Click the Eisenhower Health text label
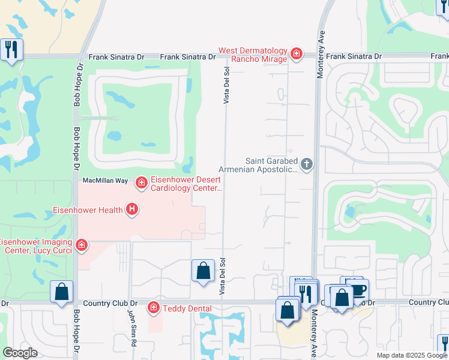pos(87,209)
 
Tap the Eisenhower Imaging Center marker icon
pos(81,245)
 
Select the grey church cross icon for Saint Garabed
pos(307,164)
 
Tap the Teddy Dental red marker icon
pos(154,308)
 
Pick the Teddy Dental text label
pos(187,308)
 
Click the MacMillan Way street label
pos(105,180)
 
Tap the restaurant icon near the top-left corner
pos(11,49)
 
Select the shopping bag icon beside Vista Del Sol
pos(203,270)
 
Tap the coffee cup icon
pos(358,289)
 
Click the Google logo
pos(20,353)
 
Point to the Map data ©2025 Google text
pos(411,355)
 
